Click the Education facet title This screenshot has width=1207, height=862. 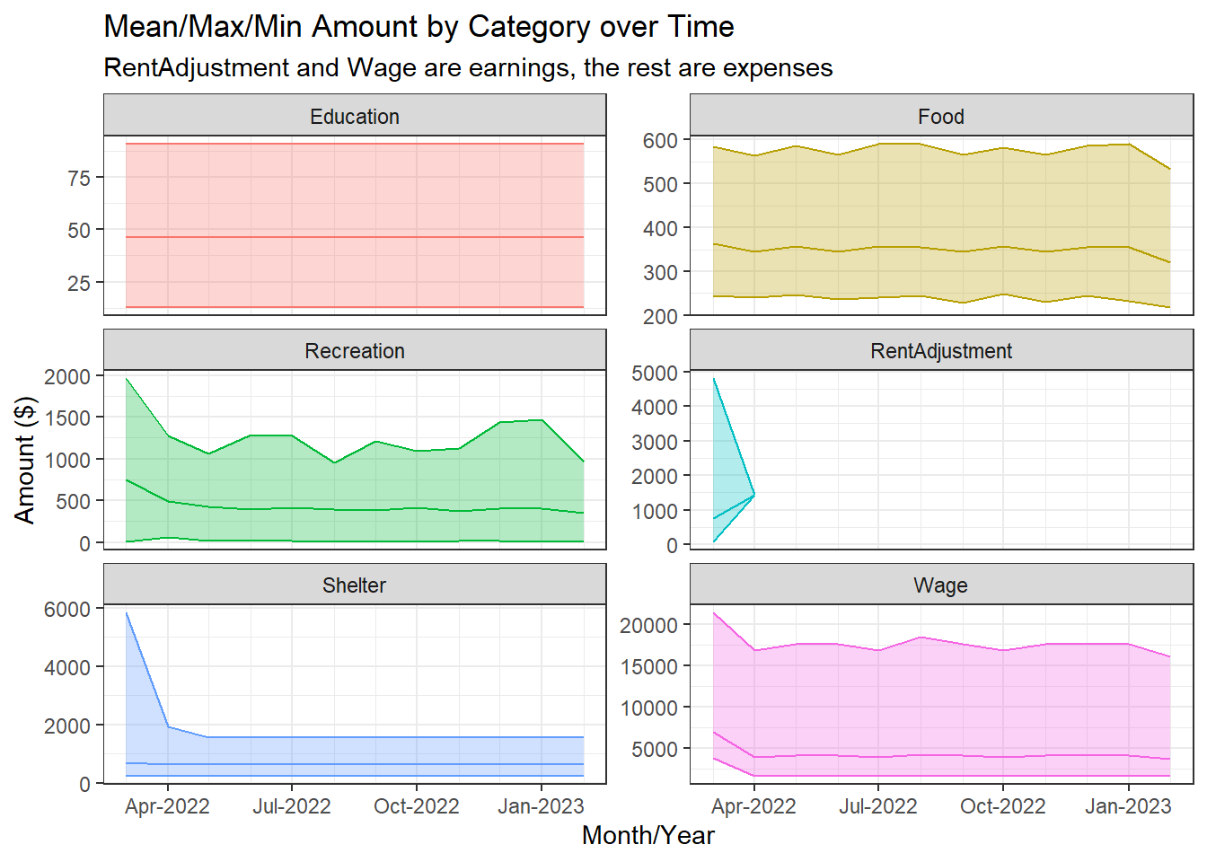tap(355, 117)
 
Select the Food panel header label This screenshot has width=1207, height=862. tap(940, 117)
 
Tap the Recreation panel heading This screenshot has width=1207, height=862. tap(355, 351)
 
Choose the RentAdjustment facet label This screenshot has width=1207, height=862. tap(940, 351)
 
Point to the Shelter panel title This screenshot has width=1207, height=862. tap(355, 585)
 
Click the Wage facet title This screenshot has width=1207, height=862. tap(940, 585)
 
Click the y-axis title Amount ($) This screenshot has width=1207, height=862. tap(25, 460)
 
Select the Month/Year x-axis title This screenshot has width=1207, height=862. tap(648, 835)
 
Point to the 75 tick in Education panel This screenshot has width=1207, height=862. tap(79, 178)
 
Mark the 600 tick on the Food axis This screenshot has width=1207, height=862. tap(660, 140)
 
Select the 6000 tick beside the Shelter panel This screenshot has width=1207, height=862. tap(67, 609)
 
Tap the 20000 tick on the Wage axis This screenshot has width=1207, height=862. tap(648, 625)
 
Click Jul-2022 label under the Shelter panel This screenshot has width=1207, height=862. tap(291, 806)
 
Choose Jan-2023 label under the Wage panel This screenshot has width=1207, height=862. tap(1128, 806)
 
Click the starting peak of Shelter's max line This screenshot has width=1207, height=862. tap(127, 613)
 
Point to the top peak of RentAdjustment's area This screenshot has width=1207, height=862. tap(713, 378)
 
